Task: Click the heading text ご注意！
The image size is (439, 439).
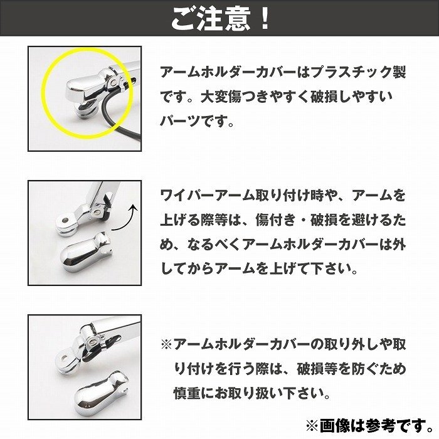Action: [219, 19]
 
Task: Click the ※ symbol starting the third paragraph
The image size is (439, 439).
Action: [166, 344]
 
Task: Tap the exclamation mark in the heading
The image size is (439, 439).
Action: [264, 19]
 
